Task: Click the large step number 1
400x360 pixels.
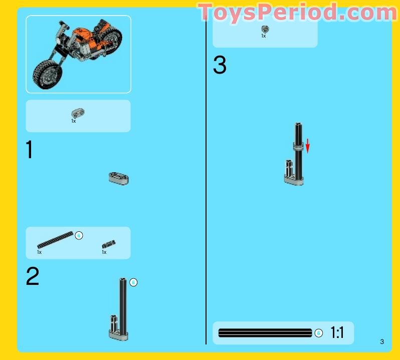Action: click(30, 150)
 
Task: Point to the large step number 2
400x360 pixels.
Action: click(33, 277)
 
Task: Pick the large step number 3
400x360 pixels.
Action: click(220, 66)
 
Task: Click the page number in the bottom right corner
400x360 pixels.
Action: click(382, 342)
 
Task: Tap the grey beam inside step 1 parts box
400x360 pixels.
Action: click(78, 113)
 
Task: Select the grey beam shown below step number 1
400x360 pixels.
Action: click(118, 177)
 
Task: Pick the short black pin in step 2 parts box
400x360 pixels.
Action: click(109, 244)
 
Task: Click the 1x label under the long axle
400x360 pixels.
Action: click(39, 252)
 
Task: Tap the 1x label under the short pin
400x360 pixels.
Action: click(104, 252)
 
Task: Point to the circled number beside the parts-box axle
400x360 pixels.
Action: click(79, 235)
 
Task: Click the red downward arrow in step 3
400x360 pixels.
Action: click(308, 146)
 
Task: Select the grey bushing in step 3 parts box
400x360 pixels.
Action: click(265, 29)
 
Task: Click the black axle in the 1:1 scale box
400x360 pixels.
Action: click(265, 333)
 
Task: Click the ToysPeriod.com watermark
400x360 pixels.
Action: click(298, 12)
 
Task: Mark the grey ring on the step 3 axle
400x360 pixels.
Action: click(298, 146)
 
